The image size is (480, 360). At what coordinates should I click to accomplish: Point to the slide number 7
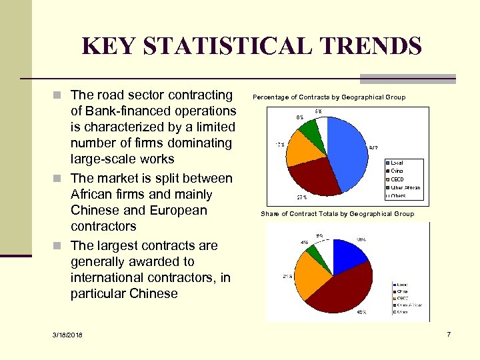point(449,333)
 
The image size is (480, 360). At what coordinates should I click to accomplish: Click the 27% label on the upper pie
point(301,197)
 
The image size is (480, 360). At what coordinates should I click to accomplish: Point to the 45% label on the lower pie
point(362,311)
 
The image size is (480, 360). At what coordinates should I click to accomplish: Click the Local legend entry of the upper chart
point(397,163)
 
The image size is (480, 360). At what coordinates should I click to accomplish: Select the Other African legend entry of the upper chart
point(405,187)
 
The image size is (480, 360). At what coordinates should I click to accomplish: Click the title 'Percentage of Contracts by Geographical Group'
point(329,97)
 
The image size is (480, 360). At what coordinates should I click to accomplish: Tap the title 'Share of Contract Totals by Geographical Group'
point(337,214)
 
